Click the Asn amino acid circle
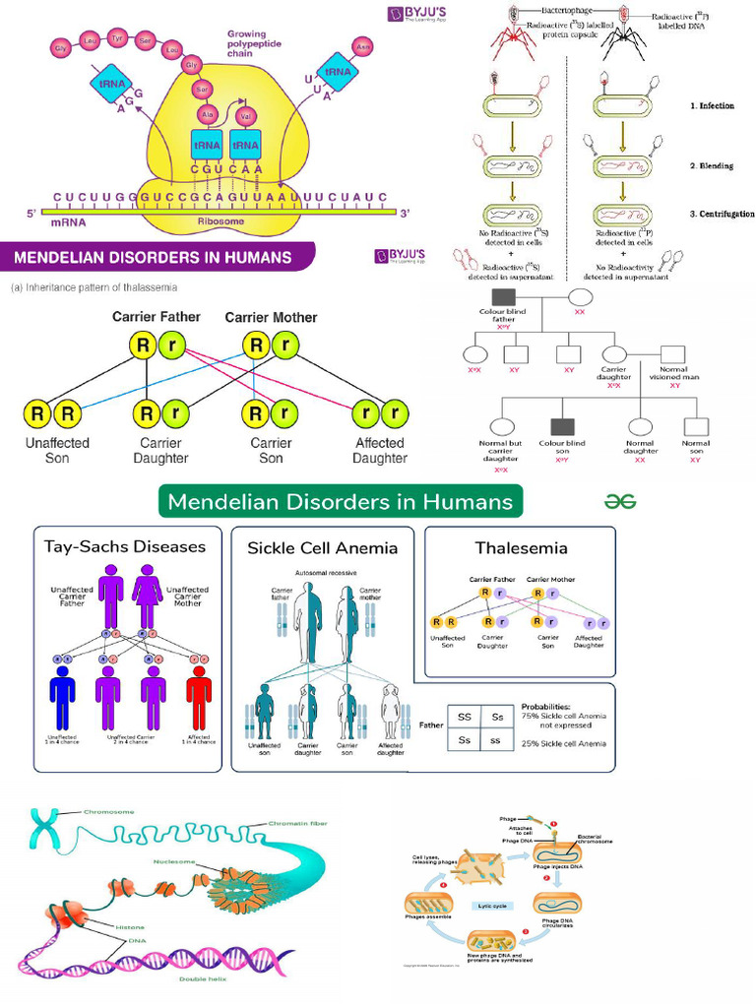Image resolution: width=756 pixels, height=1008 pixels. [363, 46]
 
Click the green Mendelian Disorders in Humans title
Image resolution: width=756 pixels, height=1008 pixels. [340, 501]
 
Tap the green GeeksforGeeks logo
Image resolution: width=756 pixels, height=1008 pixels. [620, 501]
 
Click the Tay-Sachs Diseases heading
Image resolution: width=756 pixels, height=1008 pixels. [125, 546]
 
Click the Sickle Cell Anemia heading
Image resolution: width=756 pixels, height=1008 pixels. [322, 547]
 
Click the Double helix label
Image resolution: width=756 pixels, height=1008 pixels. [200, 978]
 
